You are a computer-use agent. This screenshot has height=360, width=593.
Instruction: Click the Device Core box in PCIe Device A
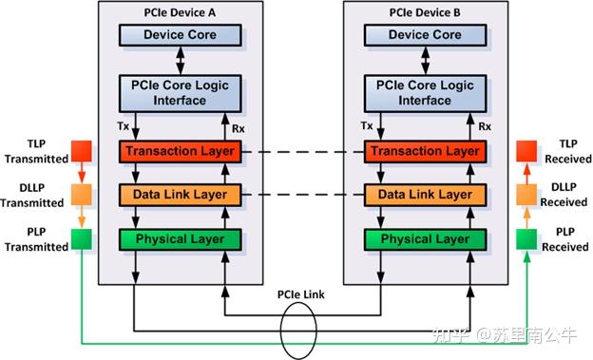[x=180, y=35]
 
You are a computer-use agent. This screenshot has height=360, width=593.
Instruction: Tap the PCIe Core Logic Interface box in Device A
[x=180, y=93]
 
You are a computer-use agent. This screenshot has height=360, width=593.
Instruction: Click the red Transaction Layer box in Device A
[x=180, y=151]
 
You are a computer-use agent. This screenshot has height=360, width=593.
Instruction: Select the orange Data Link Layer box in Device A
[x=180, y=195]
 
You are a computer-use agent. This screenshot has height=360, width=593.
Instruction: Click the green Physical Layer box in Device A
[x=180, y=238]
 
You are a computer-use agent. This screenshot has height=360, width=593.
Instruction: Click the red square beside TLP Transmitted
[x=82, y=151]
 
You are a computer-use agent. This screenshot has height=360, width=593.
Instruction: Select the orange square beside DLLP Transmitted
[x=82, y=195]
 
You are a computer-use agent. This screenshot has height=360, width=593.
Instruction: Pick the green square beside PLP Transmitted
[x=82, y=238]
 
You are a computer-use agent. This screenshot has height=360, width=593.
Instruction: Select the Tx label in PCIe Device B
[x=367, y=125]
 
